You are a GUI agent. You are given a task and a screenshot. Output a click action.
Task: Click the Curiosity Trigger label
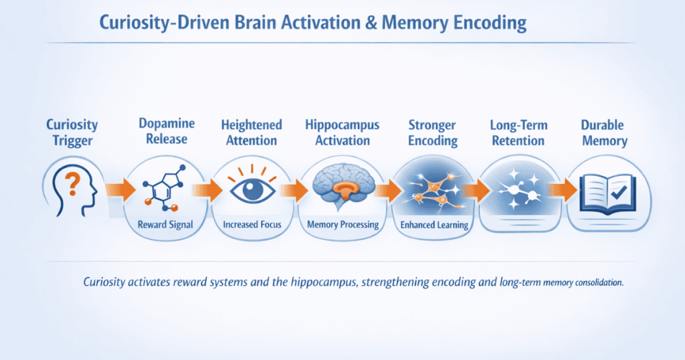click(72, 132)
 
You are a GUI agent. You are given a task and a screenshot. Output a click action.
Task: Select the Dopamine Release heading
click(167, 131)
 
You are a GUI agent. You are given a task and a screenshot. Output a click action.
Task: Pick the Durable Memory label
click(604, 132)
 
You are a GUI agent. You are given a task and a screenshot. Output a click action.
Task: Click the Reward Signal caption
click(166, 224)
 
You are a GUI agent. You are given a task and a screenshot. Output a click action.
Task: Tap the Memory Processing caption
click(342, 225)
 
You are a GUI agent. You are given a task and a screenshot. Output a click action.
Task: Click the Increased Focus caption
click(254, 225)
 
